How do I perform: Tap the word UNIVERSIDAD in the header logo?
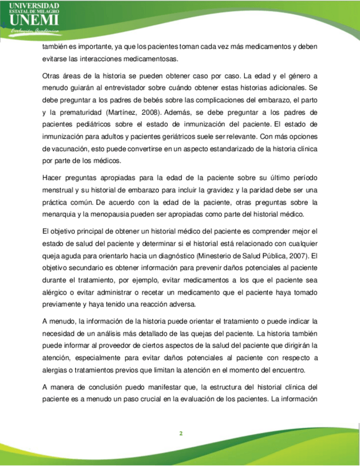[x=34, y=5]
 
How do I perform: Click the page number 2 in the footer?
[x=180, y=434]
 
